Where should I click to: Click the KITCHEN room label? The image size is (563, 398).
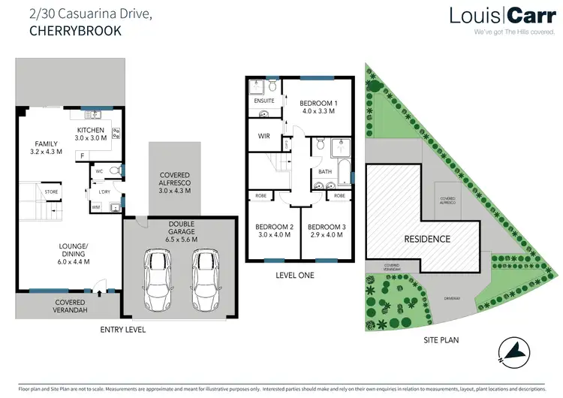pyautogui.click(x=92, y=134)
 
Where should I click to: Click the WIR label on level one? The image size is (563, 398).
pyautogui.click(x=263, y=136)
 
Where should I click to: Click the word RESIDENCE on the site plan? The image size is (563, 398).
pyautogui.click(x=428, y=239)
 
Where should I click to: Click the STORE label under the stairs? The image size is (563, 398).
pyautogui.click(x=51, y=192)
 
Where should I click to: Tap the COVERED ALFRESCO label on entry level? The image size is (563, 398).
pyautogui.click(x=175, y=182)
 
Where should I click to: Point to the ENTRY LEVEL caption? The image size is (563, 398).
pyautogui.click(x=123, y=330)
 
